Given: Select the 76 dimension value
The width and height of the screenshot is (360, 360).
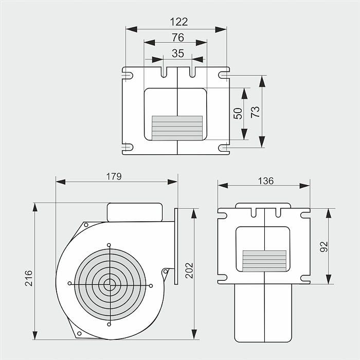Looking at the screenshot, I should [177, 37].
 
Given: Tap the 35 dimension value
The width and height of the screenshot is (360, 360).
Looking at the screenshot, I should [177, 52].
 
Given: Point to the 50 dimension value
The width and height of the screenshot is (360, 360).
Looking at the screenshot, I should [238, 114].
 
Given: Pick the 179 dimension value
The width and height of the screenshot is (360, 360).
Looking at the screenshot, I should [114, 176].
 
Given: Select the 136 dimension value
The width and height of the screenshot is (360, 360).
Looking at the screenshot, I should [266, 181].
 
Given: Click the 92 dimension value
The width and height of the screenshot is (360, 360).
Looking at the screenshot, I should [323, 247].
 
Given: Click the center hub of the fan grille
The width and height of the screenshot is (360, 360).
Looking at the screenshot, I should [109, 283].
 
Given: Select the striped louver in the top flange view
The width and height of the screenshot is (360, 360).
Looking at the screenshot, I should [177, 128].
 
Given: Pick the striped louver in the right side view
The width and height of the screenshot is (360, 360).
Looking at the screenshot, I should [264, 261].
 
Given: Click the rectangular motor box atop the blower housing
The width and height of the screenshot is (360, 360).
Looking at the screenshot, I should [135, 212].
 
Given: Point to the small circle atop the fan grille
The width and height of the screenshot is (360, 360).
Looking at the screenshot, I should [109, 244].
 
